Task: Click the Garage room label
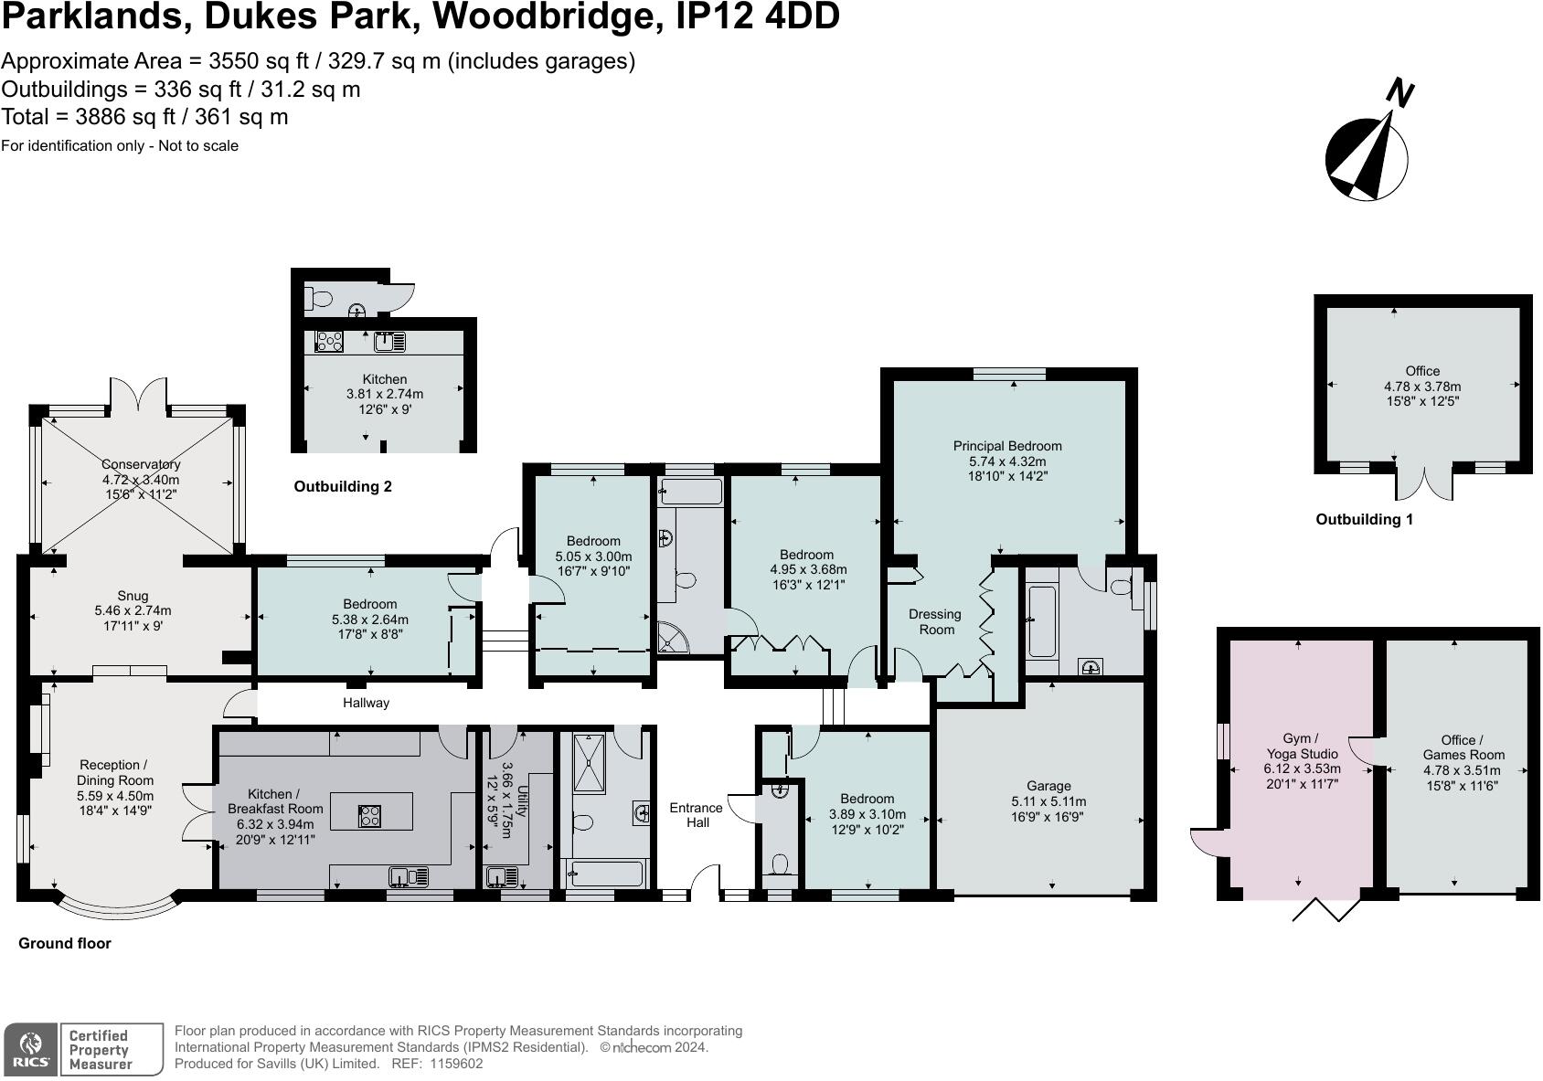pos(1048,786)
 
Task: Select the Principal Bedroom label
pos(1007,446)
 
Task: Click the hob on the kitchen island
pos(370,815)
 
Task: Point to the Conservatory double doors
pos(140,395)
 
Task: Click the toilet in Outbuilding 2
pos(320,298)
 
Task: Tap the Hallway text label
pos(366,703)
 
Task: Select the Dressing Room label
pos(935,621)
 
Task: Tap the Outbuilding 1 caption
pos(1364,519)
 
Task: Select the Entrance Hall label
pos(696,814)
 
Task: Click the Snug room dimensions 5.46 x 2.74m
pos(133,610)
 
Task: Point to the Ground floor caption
pos(65,943)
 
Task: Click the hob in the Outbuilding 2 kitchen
pos(329,342)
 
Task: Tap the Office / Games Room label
pos(1463,747)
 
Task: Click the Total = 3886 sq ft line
pos(144,117)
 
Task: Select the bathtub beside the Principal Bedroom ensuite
pos(1041,621)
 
